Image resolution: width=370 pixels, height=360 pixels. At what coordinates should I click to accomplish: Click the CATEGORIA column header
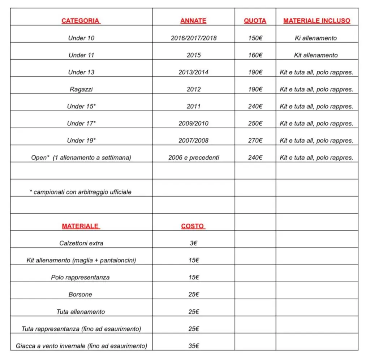point(81,21)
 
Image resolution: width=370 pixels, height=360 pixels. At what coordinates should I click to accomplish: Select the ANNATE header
point(193,21)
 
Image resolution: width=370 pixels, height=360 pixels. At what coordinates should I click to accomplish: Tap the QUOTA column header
point(255,21)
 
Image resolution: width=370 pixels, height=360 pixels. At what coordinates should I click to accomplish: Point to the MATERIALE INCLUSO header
point(317,21)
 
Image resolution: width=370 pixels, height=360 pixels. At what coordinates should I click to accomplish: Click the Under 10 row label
point(81,38)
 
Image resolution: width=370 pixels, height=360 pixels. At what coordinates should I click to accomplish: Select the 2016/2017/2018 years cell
point(194,38)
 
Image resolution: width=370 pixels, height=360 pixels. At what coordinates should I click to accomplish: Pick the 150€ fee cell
point(255,38)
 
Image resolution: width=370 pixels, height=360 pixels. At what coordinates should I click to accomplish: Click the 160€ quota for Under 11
point(255,55)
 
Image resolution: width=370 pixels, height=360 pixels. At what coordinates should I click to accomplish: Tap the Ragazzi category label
point(81,89)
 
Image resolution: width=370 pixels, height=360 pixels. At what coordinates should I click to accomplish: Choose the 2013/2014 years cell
point(194,72)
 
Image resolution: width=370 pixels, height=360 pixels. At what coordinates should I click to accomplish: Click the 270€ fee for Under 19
point(255,141)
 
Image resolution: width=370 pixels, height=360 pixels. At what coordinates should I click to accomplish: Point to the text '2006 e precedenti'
point(194,158)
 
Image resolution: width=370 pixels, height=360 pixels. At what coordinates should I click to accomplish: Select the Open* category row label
point(81,158)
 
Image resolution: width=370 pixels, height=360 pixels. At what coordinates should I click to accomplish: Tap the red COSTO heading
point(193,226)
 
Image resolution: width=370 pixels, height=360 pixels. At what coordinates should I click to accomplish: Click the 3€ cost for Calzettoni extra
point(194,243)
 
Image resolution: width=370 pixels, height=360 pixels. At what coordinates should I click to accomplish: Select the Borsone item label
point(80,295)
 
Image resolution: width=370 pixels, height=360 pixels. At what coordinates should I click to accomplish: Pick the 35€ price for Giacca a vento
point(194,346)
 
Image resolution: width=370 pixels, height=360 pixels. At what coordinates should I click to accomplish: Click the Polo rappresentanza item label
point(80,278)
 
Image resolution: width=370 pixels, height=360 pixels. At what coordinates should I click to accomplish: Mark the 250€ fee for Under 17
point(255,124)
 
